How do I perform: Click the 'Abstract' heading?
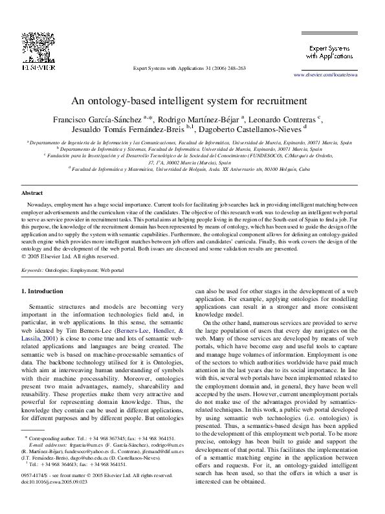click(x=32, y=194)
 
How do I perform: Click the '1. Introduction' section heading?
click(x=43, y=291)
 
